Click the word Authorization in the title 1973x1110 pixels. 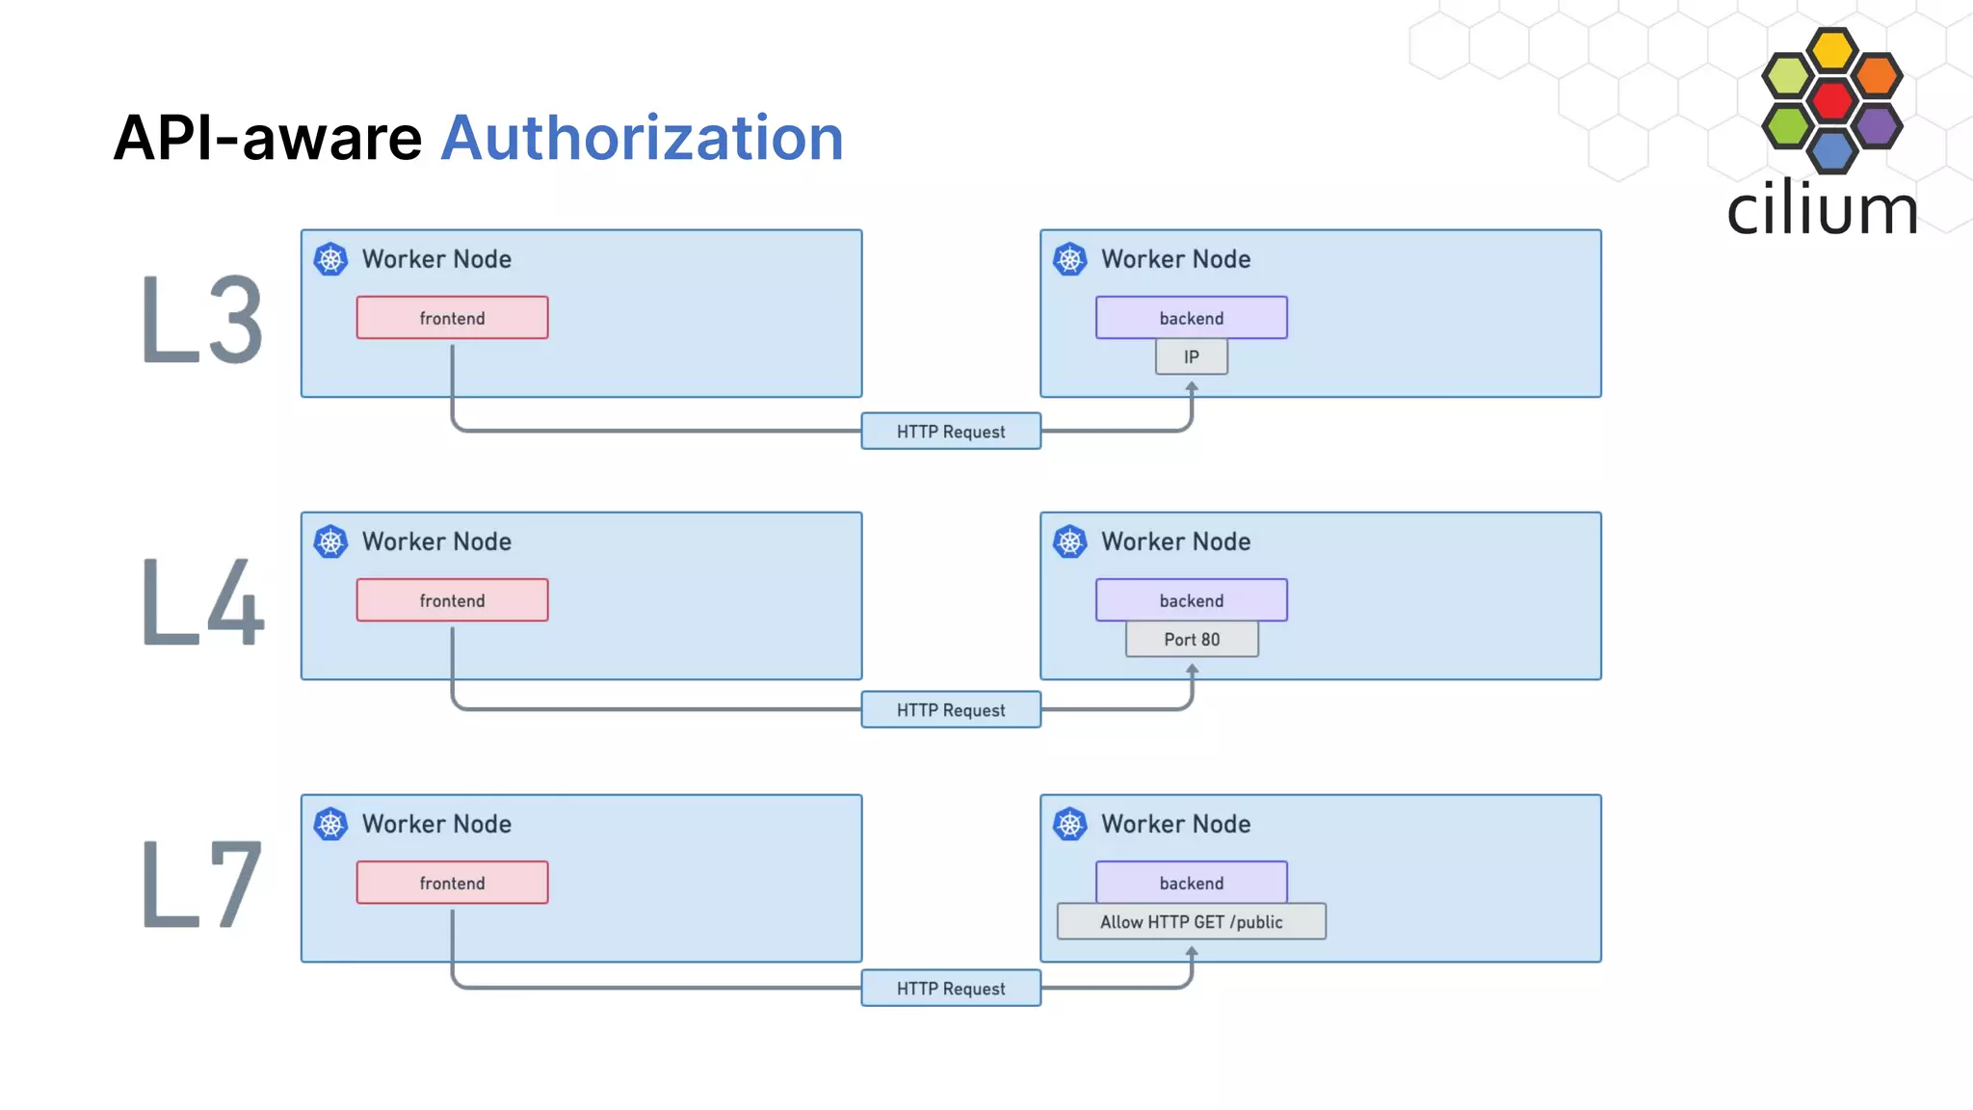click(642, 138)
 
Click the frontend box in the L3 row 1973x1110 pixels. click(452, 318)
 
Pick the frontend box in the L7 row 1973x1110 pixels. click(452, 883)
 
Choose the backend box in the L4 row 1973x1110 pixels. click(1191, 600)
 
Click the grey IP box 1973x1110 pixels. click(1191, 357)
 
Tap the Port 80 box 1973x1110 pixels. click(1191, 640)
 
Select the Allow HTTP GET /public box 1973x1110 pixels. click(1191, 922)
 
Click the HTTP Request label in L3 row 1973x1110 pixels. click(950, 432)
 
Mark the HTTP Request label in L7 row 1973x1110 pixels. click(950, 989)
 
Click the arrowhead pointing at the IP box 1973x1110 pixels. click(1192, 386)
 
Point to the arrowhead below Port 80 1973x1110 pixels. click(1192, 669)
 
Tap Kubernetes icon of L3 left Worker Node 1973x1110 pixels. click(330, 259)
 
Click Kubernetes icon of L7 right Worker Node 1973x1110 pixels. click(1069, 824)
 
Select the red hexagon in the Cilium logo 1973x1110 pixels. click(1831, 100)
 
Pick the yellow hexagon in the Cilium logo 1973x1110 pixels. click(1831, 50)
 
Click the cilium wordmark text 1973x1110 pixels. click(1821, 209)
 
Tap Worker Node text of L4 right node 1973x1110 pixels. click(1175, 542)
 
